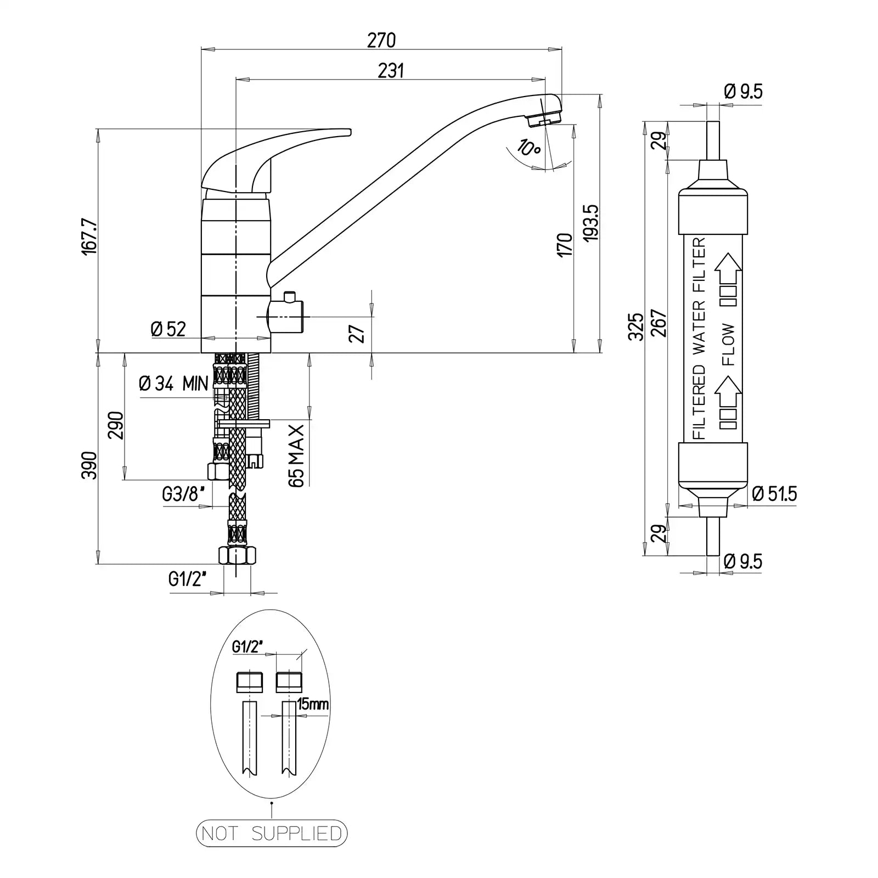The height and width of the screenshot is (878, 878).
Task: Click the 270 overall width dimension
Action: (x=381, y=41)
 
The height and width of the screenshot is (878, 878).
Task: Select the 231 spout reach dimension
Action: (x=391, y=71)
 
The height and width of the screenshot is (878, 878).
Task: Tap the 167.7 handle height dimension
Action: (x=90, y=237)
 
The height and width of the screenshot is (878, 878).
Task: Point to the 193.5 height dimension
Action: (x=590, y=223)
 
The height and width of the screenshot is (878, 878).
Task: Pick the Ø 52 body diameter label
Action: (x=168, y=329)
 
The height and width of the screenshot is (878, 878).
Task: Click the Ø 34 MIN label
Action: (x=173, y=383)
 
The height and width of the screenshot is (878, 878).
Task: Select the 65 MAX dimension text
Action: (x=296, y=455)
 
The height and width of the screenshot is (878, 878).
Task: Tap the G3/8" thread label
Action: (x=187, y=495)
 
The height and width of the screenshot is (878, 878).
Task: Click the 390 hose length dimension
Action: (x=89, y=465)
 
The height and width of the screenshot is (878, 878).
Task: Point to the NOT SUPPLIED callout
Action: (x=272, y=849)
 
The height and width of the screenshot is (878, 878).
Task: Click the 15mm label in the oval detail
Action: (x=312, y=704)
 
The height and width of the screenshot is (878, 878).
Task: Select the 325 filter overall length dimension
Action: (x=636, y=327)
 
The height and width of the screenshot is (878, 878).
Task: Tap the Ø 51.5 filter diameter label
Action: (x=775, y=494)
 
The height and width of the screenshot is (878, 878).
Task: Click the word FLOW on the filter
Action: (x=728, y=345)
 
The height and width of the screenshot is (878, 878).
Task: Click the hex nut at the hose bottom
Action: (x=237, y=555)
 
